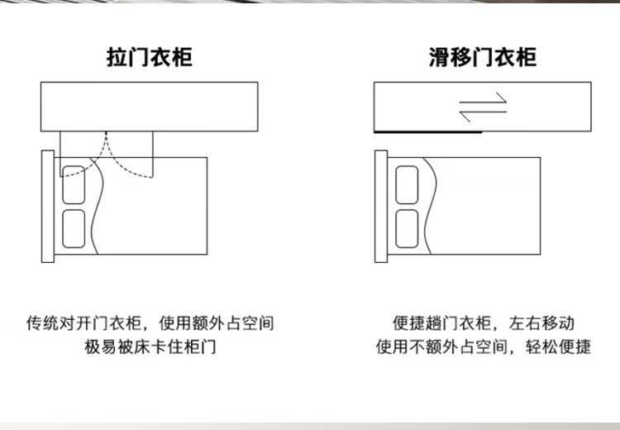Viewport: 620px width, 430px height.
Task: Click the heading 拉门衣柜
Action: point(150,57)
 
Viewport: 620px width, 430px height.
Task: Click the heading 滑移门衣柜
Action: point(483,57)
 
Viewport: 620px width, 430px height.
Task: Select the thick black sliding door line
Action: point(428,131)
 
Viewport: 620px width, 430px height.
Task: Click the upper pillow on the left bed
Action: point(74,184)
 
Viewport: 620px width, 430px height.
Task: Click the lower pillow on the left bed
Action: point(74,229)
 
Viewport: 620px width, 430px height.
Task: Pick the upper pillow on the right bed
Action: point(407,184)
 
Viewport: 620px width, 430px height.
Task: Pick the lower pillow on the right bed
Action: point(407,229)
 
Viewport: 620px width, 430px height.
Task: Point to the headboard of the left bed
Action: point(48,206)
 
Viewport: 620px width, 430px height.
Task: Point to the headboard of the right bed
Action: point(381,206)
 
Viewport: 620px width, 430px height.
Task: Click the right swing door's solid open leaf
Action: point(153,155)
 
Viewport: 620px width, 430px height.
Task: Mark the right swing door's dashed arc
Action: point(117,164)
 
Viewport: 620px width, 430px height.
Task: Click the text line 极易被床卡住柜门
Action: point(150,347)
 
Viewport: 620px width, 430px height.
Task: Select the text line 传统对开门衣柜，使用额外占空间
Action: point(150,323)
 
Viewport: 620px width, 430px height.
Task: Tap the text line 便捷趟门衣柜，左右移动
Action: point(484,323)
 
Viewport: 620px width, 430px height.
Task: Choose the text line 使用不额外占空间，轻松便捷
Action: point(484,347)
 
